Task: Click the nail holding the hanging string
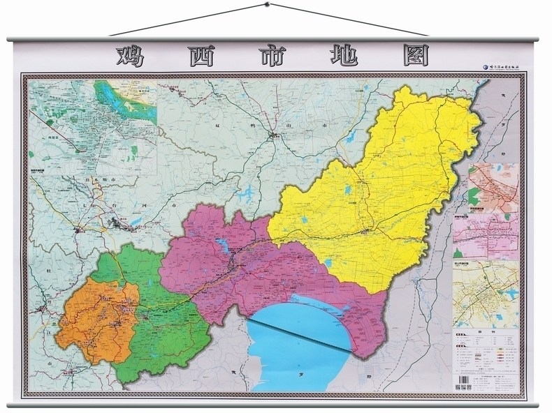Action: click(x=266, y=6)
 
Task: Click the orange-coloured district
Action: click(x=87, y=321)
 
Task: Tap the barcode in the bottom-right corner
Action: click(x=460, y=387)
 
